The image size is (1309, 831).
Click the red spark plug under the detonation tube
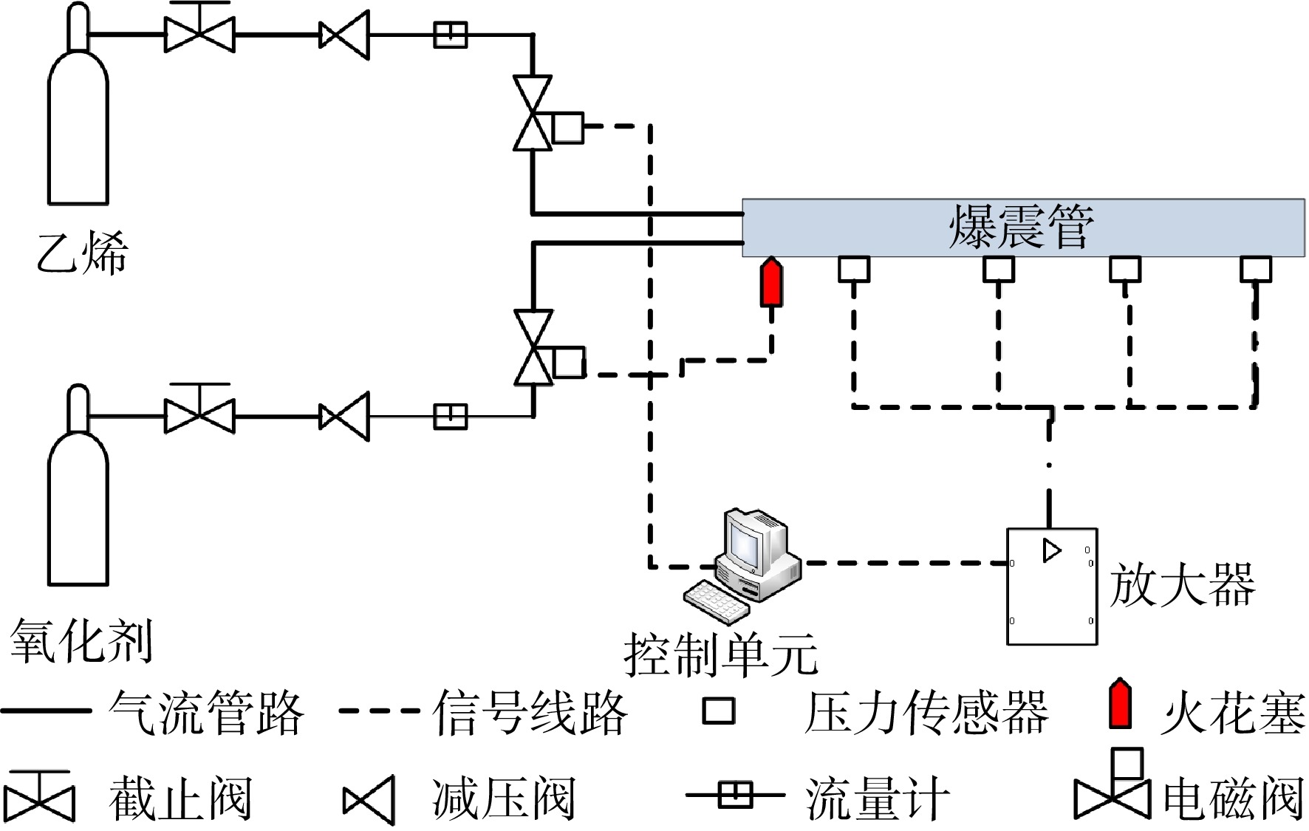pos(772,282)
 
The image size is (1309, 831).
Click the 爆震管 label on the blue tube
pos(1022,227)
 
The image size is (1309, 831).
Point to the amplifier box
pos(1052,587)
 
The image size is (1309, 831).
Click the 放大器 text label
pos(1182,585)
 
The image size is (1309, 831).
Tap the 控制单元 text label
pos(721,654)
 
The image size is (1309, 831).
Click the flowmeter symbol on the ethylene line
pos(450,34)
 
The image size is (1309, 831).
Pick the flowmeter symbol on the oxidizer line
pos(450,417)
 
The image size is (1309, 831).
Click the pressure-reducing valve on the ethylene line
pos(344,35)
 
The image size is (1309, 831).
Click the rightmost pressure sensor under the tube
pos(1255,270)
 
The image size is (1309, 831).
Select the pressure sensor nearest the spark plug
pos(854,270)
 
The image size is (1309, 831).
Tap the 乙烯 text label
pos(82,253)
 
